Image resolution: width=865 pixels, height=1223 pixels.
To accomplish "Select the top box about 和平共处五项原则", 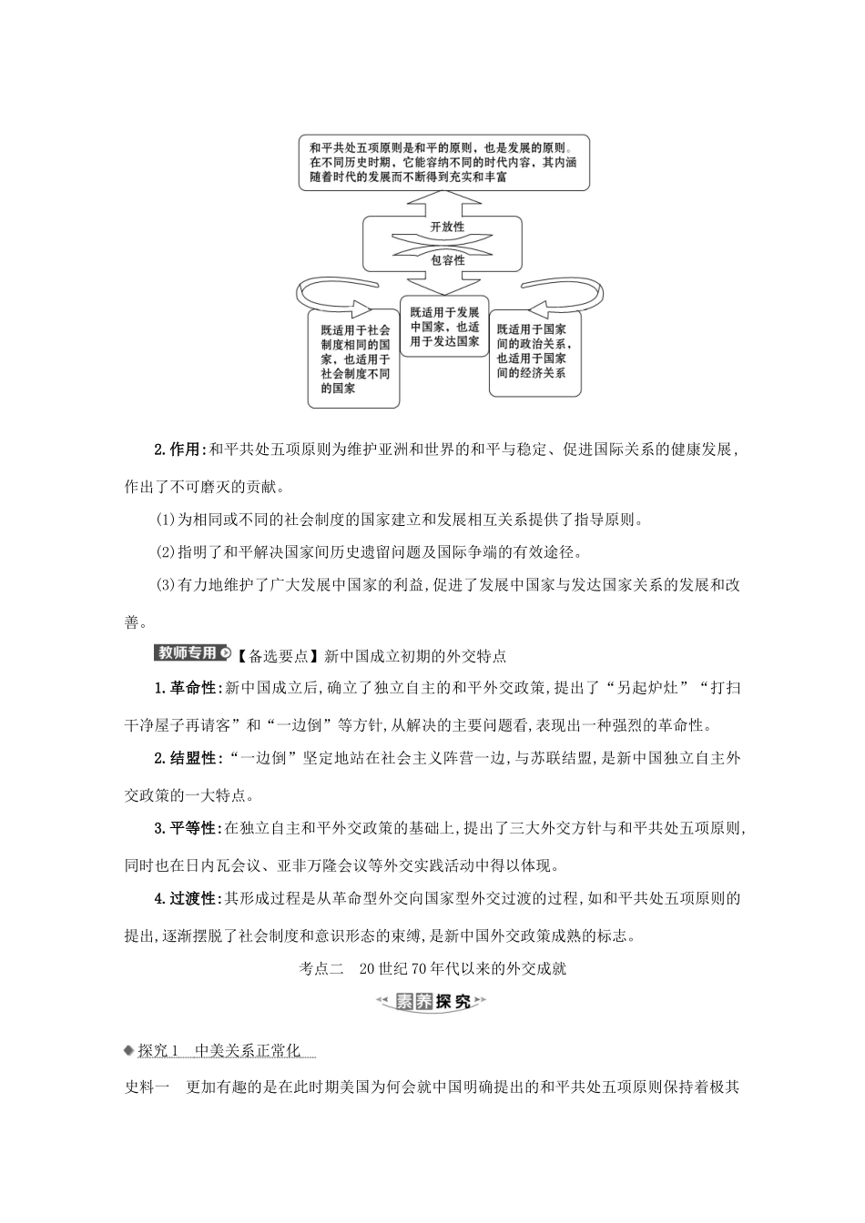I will [443, 162].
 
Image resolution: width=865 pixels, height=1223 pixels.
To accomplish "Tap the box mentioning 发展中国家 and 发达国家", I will [444, 326].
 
